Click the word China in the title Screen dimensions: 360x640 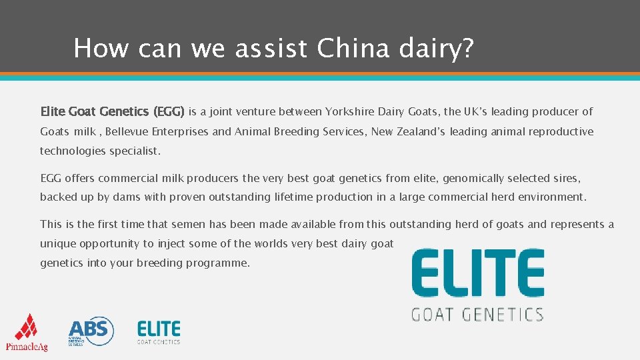pyautogui.click(x=353, y=49)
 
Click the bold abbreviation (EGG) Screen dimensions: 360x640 pyautogui.click(x=169, y=111)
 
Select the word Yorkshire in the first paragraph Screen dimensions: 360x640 pyautogui.click(x=349, y=111)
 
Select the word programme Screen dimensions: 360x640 pyautogui.click(x=219, y=263)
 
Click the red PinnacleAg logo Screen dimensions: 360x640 pyautogui.click(x=27, y=331)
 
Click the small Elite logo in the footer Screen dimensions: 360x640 pyautogui.click(x=159, y=331)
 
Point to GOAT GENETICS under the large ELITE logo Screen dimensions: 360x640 pyautogui.click(x=477, y=313)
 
